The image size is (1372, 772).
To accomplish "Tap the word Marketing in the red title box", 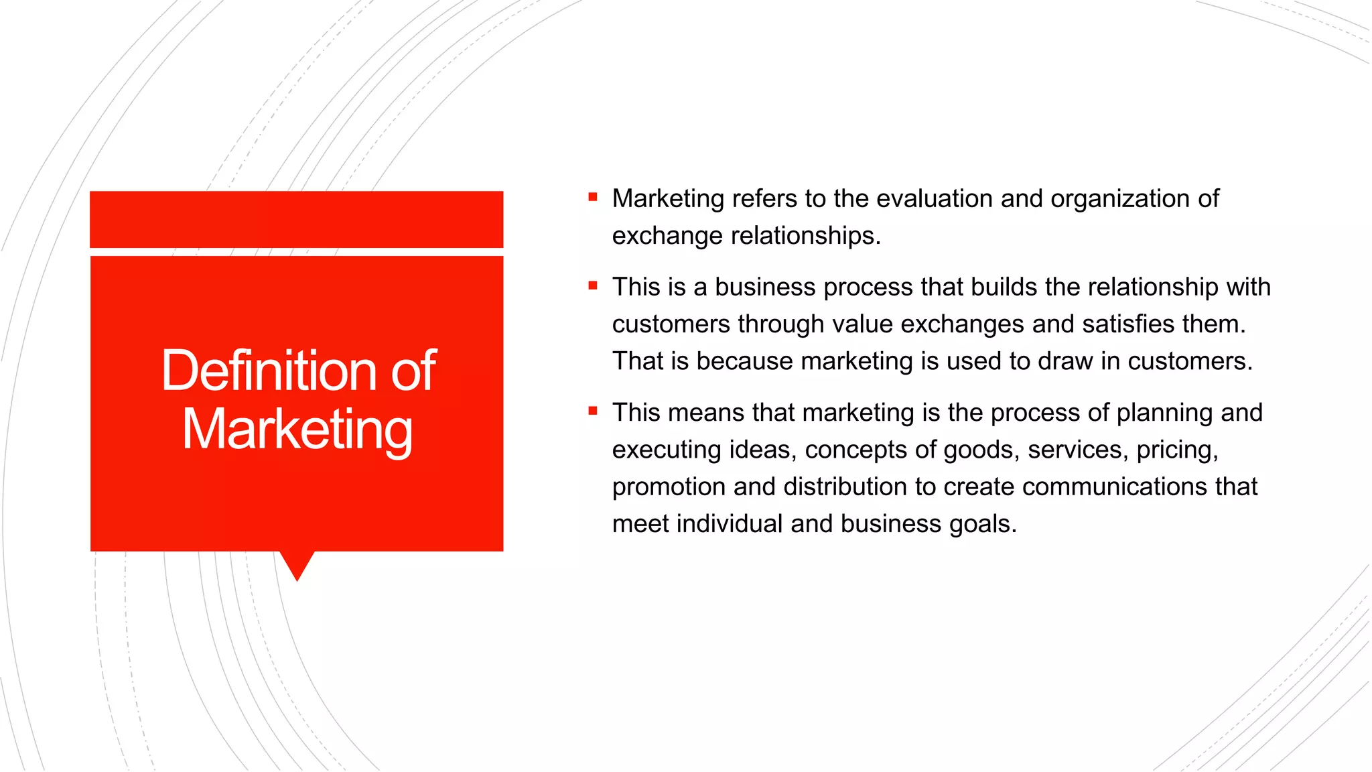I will pyautogui.click(x=297, y=430).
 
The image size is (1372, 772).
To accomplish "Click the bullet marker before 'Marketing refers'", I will pyautogui.click(x=593, y=197).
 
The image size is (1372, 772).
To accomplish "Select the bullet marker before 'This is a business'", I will pyautogui.click(x=593, y=285).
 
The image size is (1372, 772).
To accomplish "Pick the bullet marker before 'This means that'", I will pyautogui.click(x=593, y=411).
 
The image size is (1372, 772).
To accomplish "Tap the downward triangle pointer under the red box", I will pyautogui.click(x=297, y=564).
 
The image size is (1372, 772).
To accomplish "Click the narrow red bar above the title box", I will pyautogui.click(x=297, y=219).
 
